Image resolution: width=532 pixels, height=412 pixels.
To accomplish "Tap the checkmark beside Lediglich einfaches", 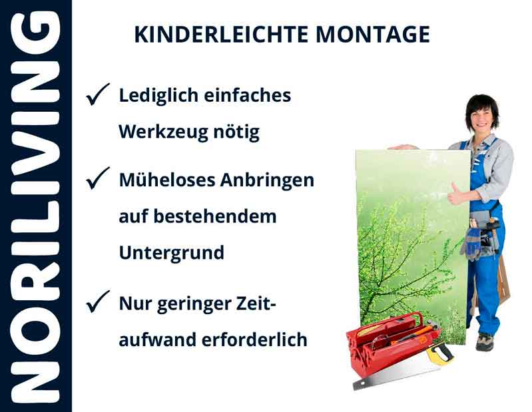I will (x=98, y=97).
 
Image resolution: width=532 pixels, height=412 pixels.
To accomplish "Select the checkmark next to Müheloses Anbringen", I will (x=98, y=179).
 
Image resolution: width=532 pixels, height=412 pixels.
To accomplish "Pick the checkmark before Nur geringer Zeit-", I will (x=98, y=304).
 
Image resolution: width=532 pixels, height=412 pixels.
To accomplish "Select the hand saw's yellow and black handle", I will (x=439, y=353).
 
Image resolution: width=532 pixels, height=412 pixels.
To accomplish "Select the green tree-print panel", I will (x=406, y=233).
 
